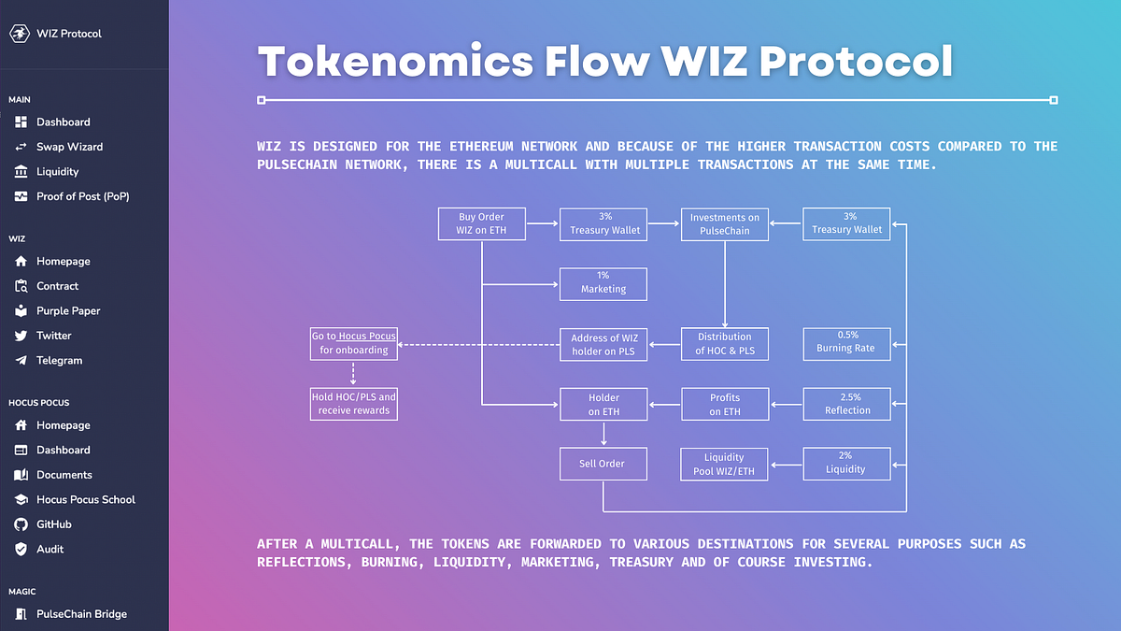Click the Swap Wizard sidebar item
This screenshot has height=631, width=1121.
click(69, 147)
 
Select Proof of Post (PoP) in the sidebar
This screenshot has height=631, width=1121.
click(82, 196)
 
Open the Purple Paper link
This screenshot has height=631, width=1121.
click(68, 310)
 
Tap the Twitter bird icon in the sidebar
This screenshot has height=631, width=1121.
click(21, 336)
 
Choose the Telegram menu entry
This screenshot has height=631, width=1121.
click(59, 360)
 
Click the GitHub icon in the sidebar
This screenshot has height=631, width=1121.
click(21, 524)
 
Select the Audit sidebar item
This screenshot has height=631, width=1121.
click(50, 549)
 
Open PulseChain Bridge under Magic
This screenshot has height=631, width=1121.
click(81, 614)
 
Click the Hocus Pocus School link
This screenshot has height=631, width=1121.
click(85, 499)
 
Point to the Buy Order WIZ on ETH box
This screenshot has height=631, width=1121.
click(482, 224)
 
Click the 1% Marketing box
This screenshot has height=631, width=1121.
click(603, 283)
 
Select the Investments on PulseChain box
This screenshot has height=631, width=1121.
click(725, 224)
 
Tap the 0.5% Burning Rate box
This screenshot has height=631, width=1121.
click(846, 343)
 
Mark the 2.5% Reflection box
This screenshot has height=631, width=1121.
click(846, 404)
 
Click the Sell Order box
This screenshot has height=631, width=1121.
click(603, 464)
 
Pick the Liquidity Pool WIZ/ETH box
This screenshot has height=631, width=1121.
click(725, 464)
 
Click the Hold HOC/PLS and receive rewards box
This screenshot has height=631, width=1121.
click(354, 404)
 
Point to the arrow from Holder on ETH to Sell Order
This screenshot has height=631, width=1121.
click(603, 434)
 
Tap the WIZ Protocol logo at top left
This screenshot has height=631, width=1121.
click(20, 34)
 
